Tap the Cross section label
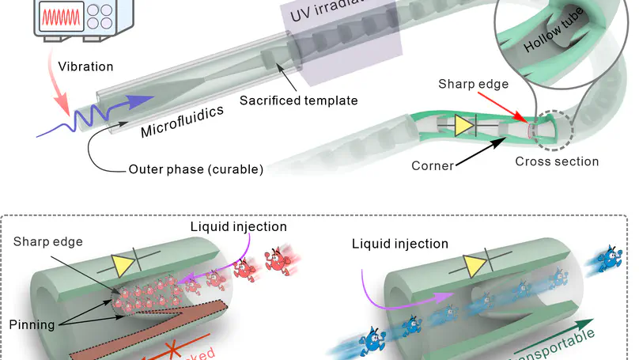tap(556, 161)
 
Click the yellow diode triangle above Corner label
tap(465, 126)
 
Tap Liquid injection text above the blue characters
tap(399, 244)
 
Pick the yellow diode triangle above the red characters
tap(125, 266)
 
